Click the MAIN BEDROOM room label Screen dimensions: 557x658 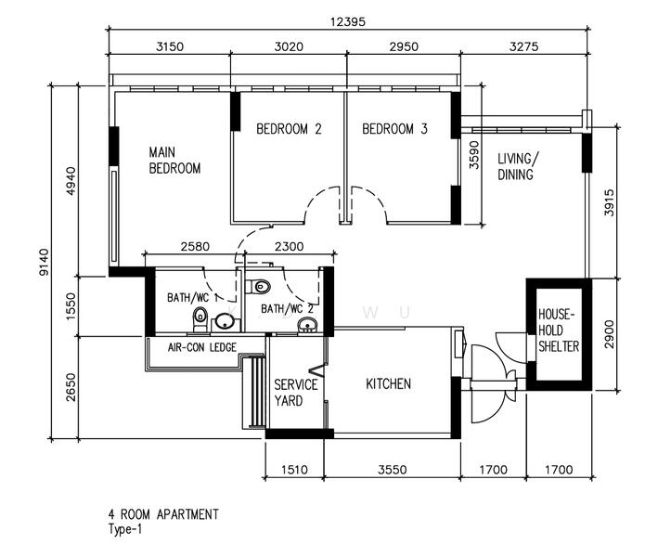point(175,160)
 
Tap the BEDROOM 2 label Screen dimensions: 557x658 point(289,129)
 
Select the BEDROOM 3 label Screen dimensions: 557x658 point(394,129)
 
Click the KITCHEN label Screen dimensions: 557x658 point(388,383)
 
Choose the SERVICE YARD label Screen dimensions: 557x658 point(295,393)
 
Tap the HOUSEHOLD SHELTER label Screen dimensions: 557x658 point(558,330)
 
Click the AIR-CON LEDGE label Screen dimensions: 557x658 point(202,348)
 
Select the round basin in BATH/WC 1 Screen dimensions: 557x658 point(224,323)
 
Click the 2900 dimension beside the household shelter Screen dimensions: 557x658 point(609,334)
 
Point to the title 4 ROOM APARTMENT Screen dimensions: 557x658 point(162,513)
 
